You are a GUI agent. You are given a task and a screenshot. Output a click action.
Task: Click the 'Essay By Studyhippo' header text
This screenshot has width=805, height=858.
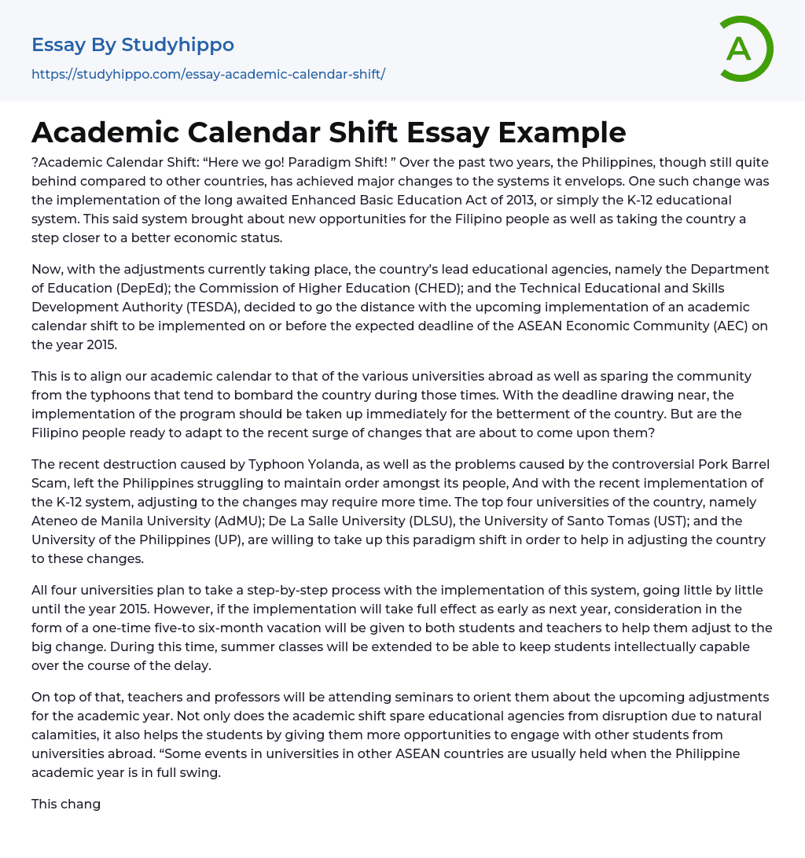tap(133, 45)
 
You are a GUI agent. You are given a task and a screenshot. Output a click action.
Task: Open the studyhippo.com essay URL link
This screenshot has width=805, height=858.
tap(208, 75)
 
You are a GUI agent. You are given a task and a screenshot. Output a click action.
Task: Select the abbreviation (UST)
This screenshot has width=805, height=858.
tap(669, 521)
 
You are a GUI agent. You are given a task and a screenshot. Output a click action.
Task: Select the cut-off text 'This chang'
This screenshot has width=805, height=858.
tap(66, 804)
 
